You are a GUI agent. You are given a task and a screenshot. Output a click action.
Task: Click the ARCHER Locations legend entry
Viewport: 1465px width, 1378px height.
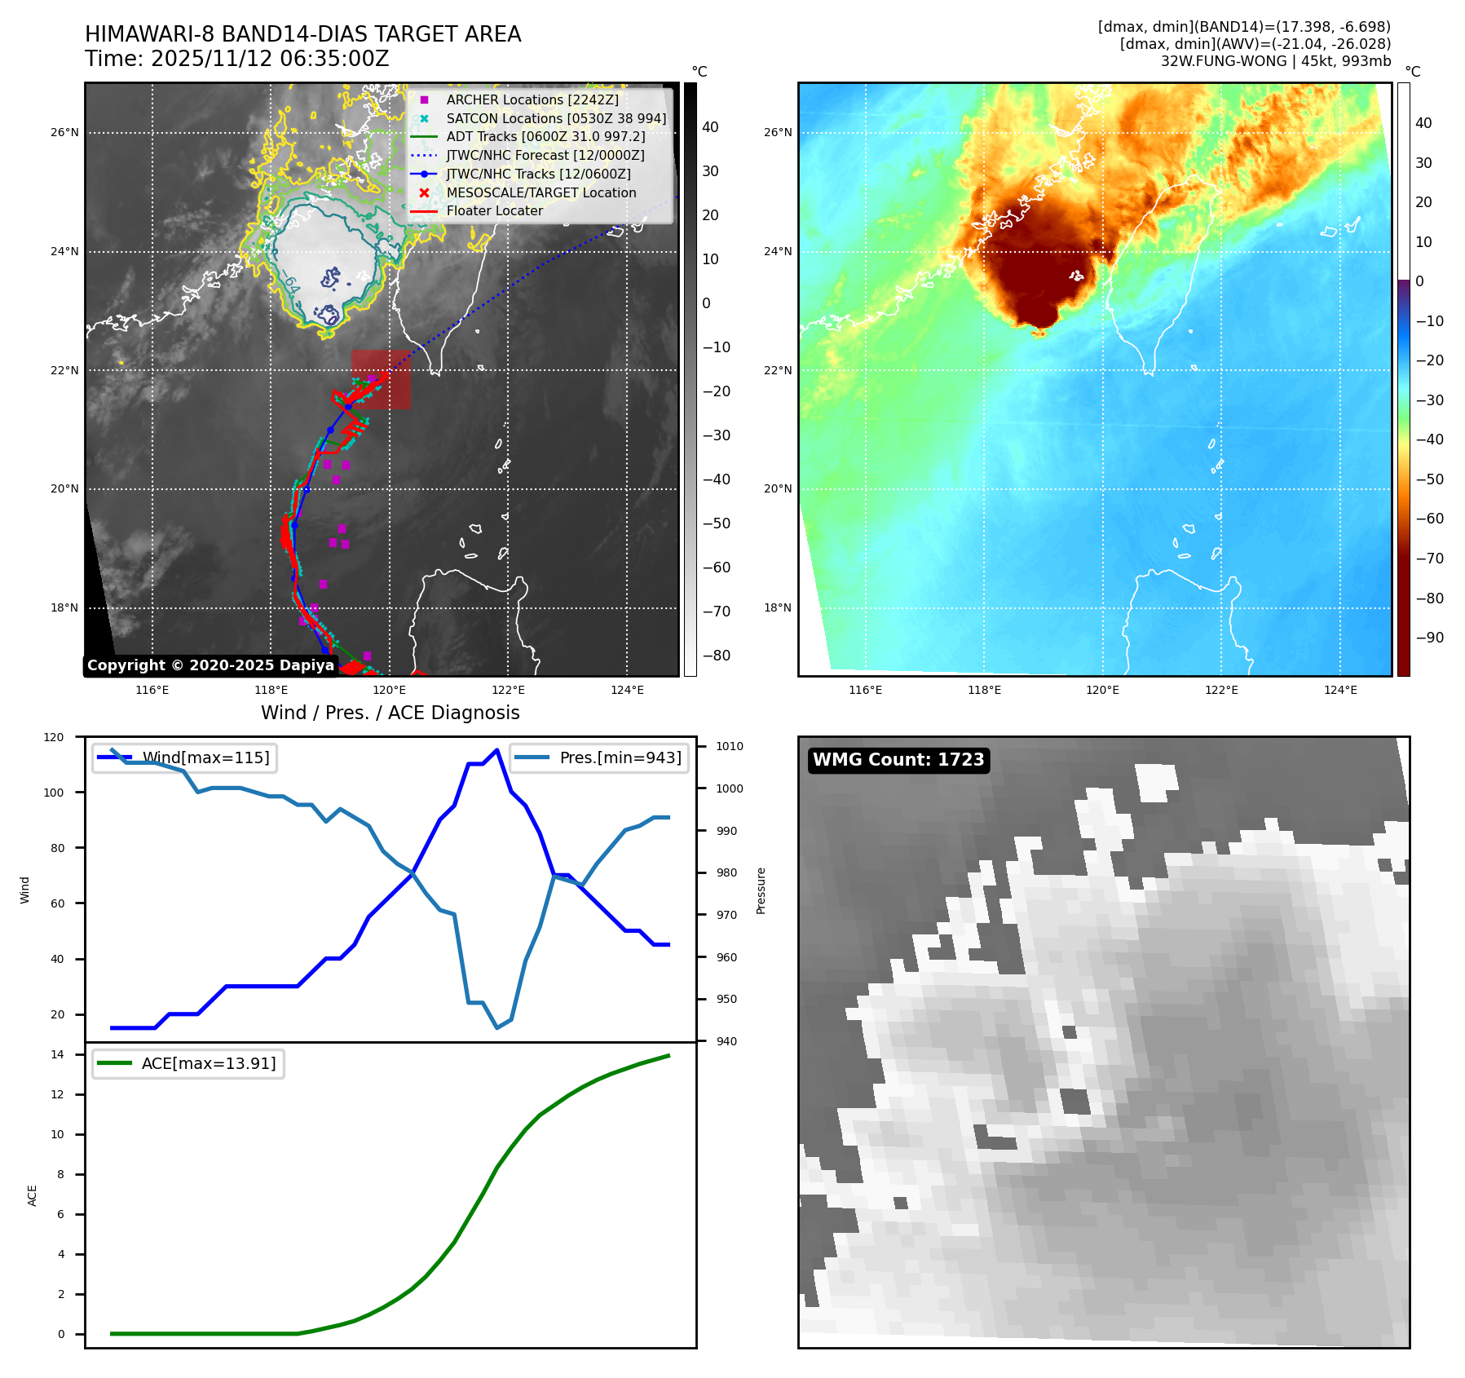tap(532, 99)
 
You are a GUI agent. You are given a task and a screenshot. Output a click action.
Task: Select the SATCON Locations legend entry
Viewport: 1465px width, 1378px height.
tap(556, 118)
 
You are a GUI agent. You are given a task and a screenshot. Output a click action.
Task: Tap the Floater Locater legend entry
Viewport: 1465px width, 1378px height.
tap(494, 210)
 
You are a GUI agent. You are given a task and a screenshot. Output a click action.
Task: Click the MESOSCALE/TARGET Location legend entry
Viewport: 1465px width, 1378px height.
tap(541, 192)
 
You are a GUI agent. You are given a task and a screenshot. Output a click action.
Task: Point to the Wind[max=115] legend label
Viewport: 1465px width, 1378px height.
tap(205, 757)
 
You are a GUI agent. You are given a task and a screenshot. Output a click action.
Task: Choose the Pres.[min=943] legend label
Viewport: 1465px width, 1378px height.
tap(620, 757)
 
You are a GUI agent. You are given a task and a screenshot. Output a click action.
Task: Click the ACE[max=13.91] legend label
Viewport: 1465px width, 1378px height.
tap(209, 1063)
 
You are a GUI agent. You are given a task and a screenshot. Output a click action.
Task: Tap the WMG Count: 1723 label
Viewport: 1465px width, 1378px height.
tap(898, 760)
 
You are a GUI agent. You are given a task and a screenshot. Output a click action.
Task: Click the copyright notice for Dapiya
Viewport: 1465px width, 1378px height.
tap(210, 665)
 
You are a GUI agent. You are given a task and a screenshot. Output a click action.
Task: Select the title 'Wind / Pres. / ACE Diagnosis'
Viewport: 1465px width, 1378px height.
tap(390, 713)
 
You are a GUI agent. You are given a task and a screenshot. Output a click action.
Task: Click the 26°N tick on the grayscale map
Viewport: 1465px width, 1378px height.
tap(65, 132)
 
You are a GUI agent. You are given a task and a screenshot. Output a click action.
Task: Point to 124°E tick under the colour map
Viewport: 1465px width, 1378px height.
tap(1340, 690)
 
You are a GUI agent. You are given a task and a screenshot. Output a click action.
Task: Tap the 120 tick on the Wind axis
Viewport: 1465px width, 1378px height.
tap(54, 737)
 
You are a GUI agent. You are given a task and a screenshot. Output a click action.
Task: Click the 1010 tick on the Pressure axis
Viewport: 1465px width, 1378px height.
tap(730, 746)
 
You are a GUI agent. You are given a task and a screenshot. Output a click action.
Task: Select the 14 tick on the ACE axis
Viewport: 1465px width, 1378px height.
tap(58, 1054)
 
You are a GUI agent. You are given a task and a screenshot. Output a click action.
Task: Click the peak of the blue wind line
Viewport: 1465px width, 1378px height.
tap(497, 749)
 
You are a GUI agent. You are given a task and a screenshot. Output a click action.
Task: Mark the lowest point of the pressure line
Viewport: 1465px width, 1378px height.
tap(497, 1027)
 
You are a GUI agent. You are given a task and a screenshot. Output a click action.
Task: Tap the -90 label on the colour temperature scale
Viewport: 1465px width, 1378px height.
tap(1429, 638)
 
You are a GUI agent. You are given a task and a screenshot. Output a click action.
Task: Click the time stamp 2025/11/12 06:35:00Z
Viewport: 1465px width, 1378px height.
tap(270, 59)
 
